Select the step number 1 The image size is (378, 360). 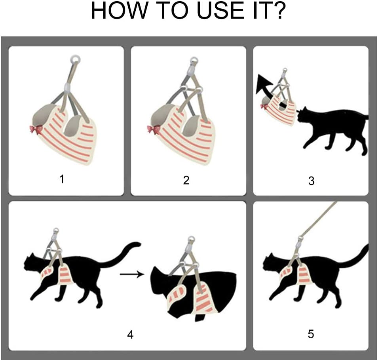pos(62,179)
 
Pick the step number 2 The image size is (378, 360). pos(186,180)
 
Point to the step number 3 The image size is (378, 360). pos(311,181)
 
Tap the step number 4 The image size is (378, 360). pos(130,334)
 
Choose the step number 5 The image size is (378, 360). pos(311,334)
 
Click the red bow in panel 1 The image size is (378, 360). pos(35,130)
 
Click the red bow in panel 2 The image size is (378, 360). pos(152,130)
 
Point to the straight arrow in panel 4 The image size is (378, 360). pos(132,274)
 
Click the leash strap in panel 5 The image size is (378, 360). pos(319,219)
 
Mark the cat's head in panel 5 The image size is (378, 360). pos(270,262)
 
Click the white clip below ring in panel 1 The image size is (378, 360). pos(68,87)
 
